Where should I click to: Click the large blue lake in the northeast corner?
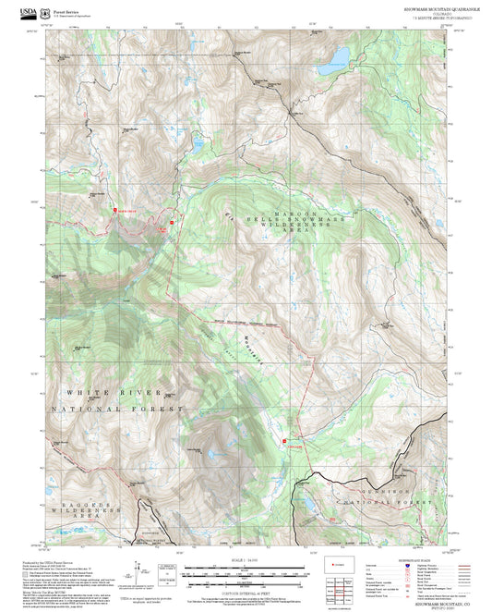(x=330, y=67)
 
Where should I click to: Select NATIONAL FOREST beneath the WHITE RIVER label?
(x=116, y=408)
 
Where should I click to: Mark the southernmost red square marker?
(x=283, y=441)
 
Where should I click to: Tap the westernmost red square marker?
(x=114, y=210)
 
